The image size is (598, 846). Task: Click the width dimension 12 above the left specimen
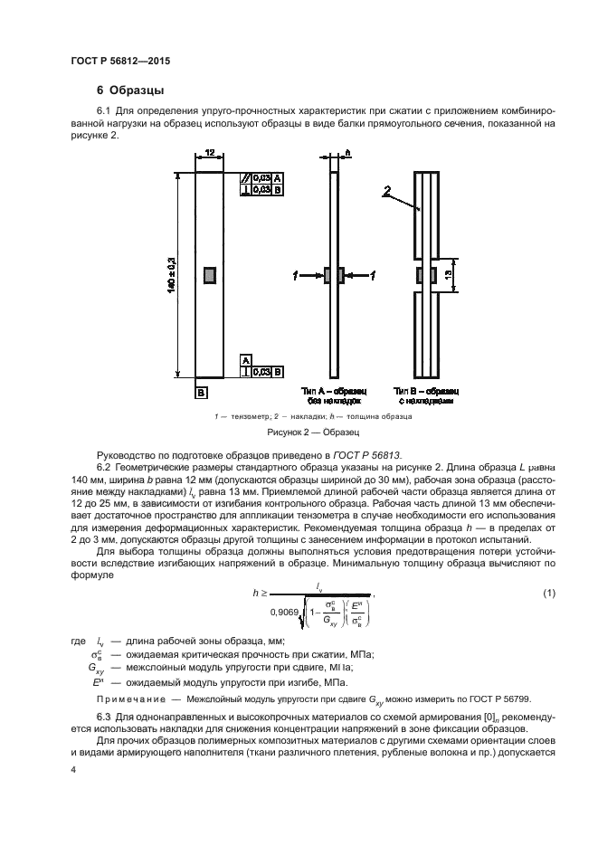click(x=209, y=155)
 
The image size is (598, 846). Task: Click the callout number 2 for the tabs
click(x=386, y=191)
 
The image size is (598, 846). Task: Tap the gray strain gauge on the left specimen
click(x=210, y=273)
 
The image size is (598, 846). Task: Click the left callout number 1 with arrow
click(x=295, y=272)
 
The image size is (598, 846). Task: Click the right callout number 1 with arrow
click(x=373, y=272)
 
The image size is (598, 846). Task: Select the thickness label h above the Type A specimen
click(x=347, y=154)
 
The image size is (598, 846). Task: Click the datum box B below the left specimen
click(x=200, y=392)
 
